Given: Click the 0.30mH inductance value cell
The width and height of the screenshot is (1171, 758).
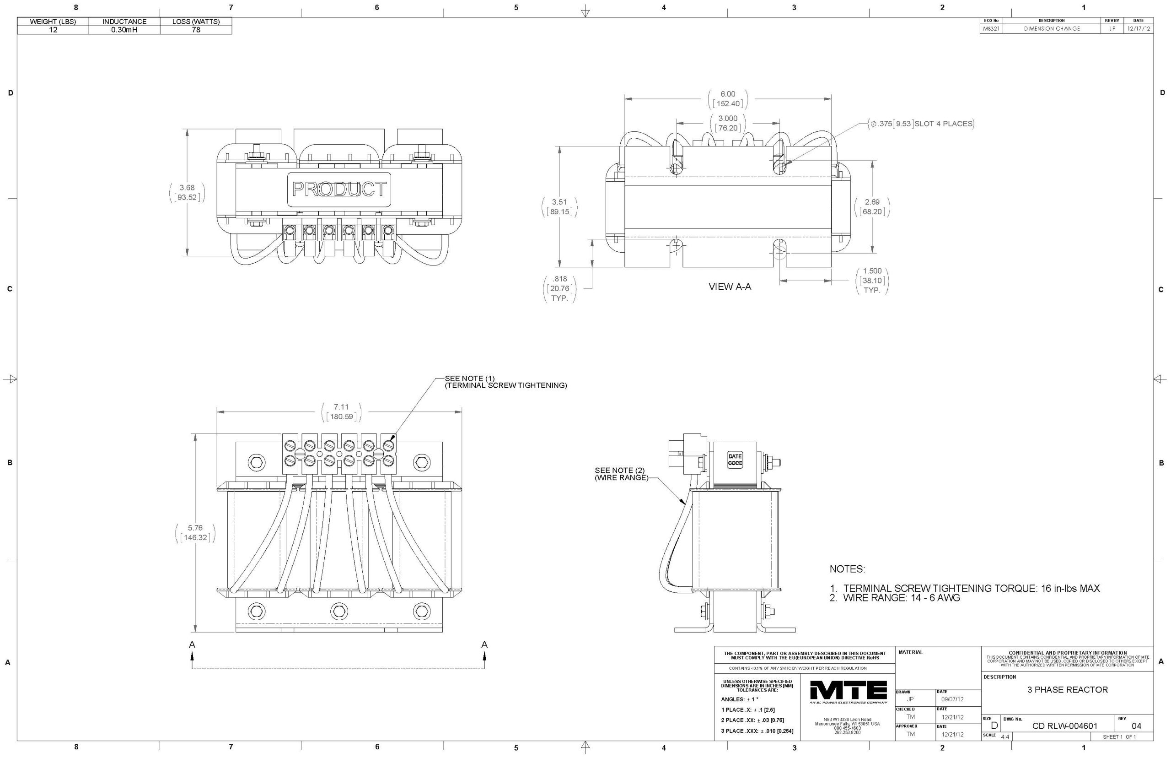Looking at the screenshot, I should click(x=124, y=30).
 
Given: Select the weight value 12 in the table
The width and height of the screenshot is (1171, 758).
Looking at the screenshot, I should click(x=53, y=30).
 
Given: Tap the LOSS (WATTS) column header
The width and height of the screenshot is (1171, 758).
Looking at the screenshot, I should click(x=196, y=22).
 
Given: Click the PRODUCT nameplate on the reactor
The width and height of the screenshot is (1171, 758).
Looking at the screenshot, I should click(x=339, y=189).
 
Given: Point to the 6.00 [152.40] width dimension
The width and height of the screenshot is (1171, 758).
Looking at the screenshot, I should click(x=728, y=99).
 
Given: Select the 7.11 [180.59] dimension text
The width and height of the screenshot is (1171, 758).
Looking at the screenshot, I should click(x=341, y=412).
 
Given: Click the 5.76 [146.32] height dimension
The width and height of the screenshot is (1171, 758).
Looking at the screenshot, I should click(x=195, y=533).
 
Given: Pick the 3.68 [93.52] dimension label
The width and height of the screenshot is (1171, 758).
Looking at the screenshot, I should click(x=187, y=192).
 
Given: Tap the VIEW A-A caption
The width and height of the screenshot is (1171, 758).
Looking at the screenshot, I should click(x=729, y=287).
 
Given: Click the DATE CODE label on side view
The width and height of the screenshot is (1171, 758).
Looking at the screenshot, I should click(x=735, y=460).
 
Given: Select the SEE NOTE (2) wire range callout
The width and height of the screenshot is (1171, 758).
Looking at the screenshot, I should click(x=621, y=473).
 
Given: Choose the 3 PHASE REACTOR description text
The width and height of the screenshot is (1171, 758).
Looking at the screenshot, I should click(x=1067, y=690).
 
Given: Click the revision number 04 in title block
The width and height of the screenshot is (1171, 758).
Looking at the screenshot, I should click(x=1136, y=726).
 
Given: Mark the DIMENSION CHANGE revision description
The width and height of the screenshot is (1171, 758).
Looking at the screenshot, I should click(x=1052, y=28).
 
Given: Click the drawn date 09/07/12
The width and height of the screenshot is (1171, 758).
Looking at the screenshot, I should click(x=952, y=699).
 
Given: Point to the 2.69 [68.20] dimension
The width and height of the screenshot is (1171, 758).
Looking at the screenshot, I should click(x=872, y=207).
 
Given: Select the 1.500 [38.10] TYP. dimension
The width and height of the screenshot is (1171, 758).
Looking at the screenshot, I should click(x=872, y=281).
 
